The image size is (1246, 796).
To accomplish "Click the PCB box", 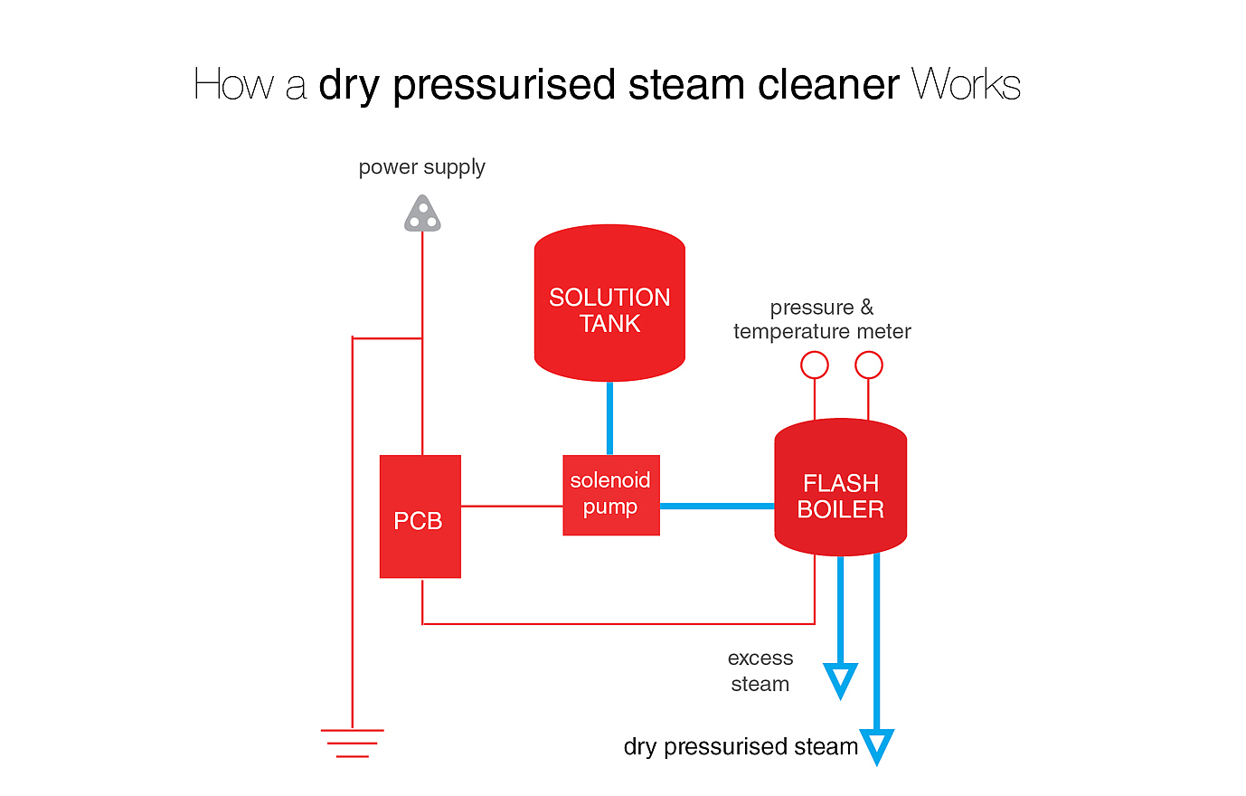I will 420,516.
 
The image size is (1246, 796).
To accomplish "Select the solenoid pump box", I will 611,495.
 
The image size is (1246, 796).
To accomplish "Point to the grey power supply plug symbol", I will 422,215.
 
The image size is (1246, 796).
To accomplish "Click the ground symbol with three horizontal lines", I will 352,743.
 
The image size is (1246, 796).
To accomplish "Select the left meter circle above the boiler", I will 815,365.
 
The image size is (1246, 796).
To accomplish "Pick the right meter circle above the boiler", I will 868,365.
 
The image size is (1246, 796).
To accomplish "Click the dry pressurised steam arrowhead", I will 877,746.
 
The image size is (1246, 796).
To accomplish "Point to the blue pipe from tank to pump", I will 609,418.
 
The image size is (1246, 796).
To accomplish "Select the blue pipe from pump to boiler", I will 717,506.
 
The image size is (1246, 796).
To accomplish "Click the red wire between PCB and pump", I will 512,506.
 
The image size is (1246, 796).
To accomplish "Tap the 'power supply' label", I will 422,167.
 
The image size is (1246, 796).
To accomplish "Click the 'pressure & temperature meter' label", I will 822,319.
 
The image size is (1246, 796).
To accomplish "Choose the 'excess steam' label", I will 760,671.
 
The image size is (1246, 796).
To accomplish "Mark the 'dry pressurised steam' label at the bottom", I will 741,746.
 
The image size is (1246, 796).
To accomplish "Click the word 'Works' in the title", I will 966,85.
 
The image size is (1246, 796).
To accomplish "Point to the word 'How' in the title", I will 233,85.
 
